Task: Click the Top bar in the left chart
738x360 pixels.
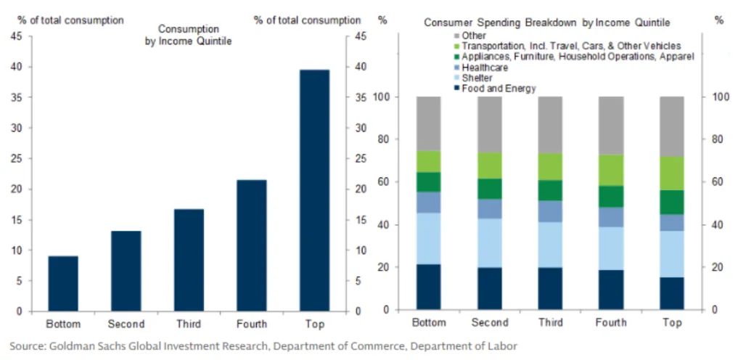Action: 314,190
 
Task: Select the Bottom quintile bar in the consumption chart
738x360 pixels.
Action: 63,283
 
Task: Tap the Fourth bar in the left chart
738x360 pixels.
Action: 252,245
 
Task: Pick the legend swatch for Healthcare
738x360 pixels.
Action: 456,67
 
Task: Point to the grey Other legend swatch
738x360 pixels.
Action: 456,35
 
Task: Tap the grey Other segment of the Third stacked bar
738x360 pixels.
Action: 552,124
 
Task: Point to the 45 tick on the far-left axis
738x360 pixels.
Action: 15,36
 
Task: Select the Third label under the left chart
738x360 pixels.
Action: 189,324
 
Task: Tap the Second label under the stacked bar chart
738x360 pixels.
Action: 491,323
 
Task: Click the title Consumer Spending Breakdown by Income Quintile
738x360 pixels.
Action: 546,22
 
